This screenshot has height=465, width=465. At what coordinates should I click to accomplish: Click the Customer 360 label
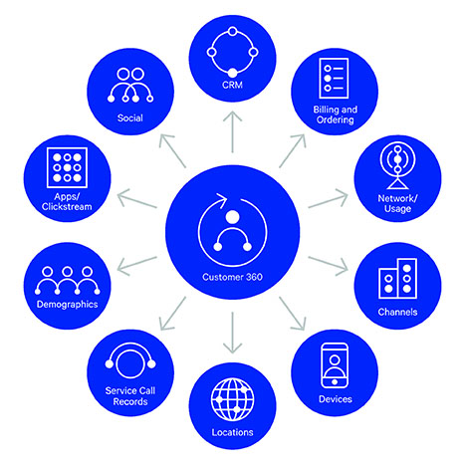point(232,277)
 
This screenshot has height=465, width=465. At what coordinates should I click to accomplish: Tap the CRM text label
point(232,85)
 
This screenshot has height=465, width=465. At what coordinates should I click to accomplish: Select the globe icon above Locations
point(232,399)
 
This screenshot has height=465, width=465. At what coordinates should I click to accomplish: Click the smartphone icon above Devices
point(335,365)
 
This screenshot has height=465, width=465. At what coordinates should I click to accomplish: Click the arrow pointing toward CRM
point(232,131)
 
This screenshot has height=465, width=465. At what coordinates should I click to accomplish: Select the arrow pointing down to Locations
point(232,333)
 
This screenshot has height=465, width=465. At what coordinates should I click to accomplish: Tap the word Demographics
point(68,305)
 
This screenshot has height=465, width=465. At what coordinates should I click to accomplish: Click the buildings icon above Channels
point(397,278)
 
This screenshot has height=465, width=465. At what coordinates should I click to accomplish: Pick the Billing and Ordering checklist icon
point(334,79)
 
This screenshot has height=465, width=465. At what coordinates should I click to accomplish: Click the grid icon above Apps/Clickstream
point(67,167)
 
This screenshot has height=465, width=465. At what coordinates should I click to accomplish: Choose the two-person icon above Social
point(130,85)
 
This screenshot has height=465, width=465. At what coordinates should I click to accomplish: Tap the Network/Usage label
point(397,203)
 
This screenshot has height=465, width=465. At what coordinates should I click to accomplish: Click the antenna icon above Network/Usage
point(397,165)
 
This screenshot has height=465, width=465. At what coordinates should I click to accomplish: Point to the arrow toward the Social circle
point(172,151)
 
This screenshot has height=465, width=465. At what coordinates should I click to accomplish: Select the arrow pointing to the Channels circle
point(328,266)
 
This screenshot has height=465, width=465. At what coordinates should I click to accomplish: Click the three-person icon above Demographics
point(68,281)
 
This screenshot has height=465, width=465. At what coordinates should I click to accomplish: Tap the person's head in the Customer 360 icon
point(232,217)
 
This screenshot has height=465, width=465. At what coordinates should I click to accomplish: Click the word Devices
point(336,399)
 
